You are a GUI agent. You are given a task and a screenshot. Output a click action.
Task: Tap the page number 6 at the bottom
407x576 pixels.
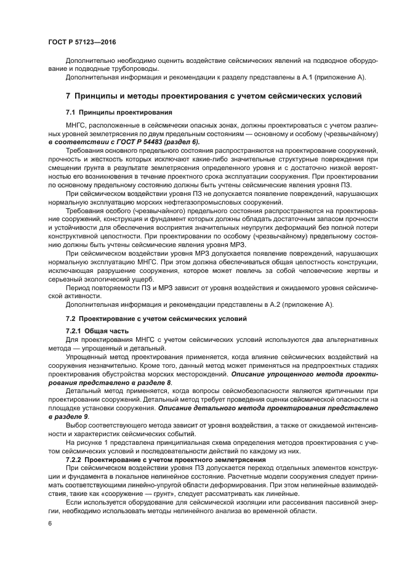tap(50, 523)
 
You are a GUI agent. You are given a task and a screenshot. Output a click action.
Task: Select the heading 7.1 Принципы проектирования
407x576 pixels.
tap(110, 112)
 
